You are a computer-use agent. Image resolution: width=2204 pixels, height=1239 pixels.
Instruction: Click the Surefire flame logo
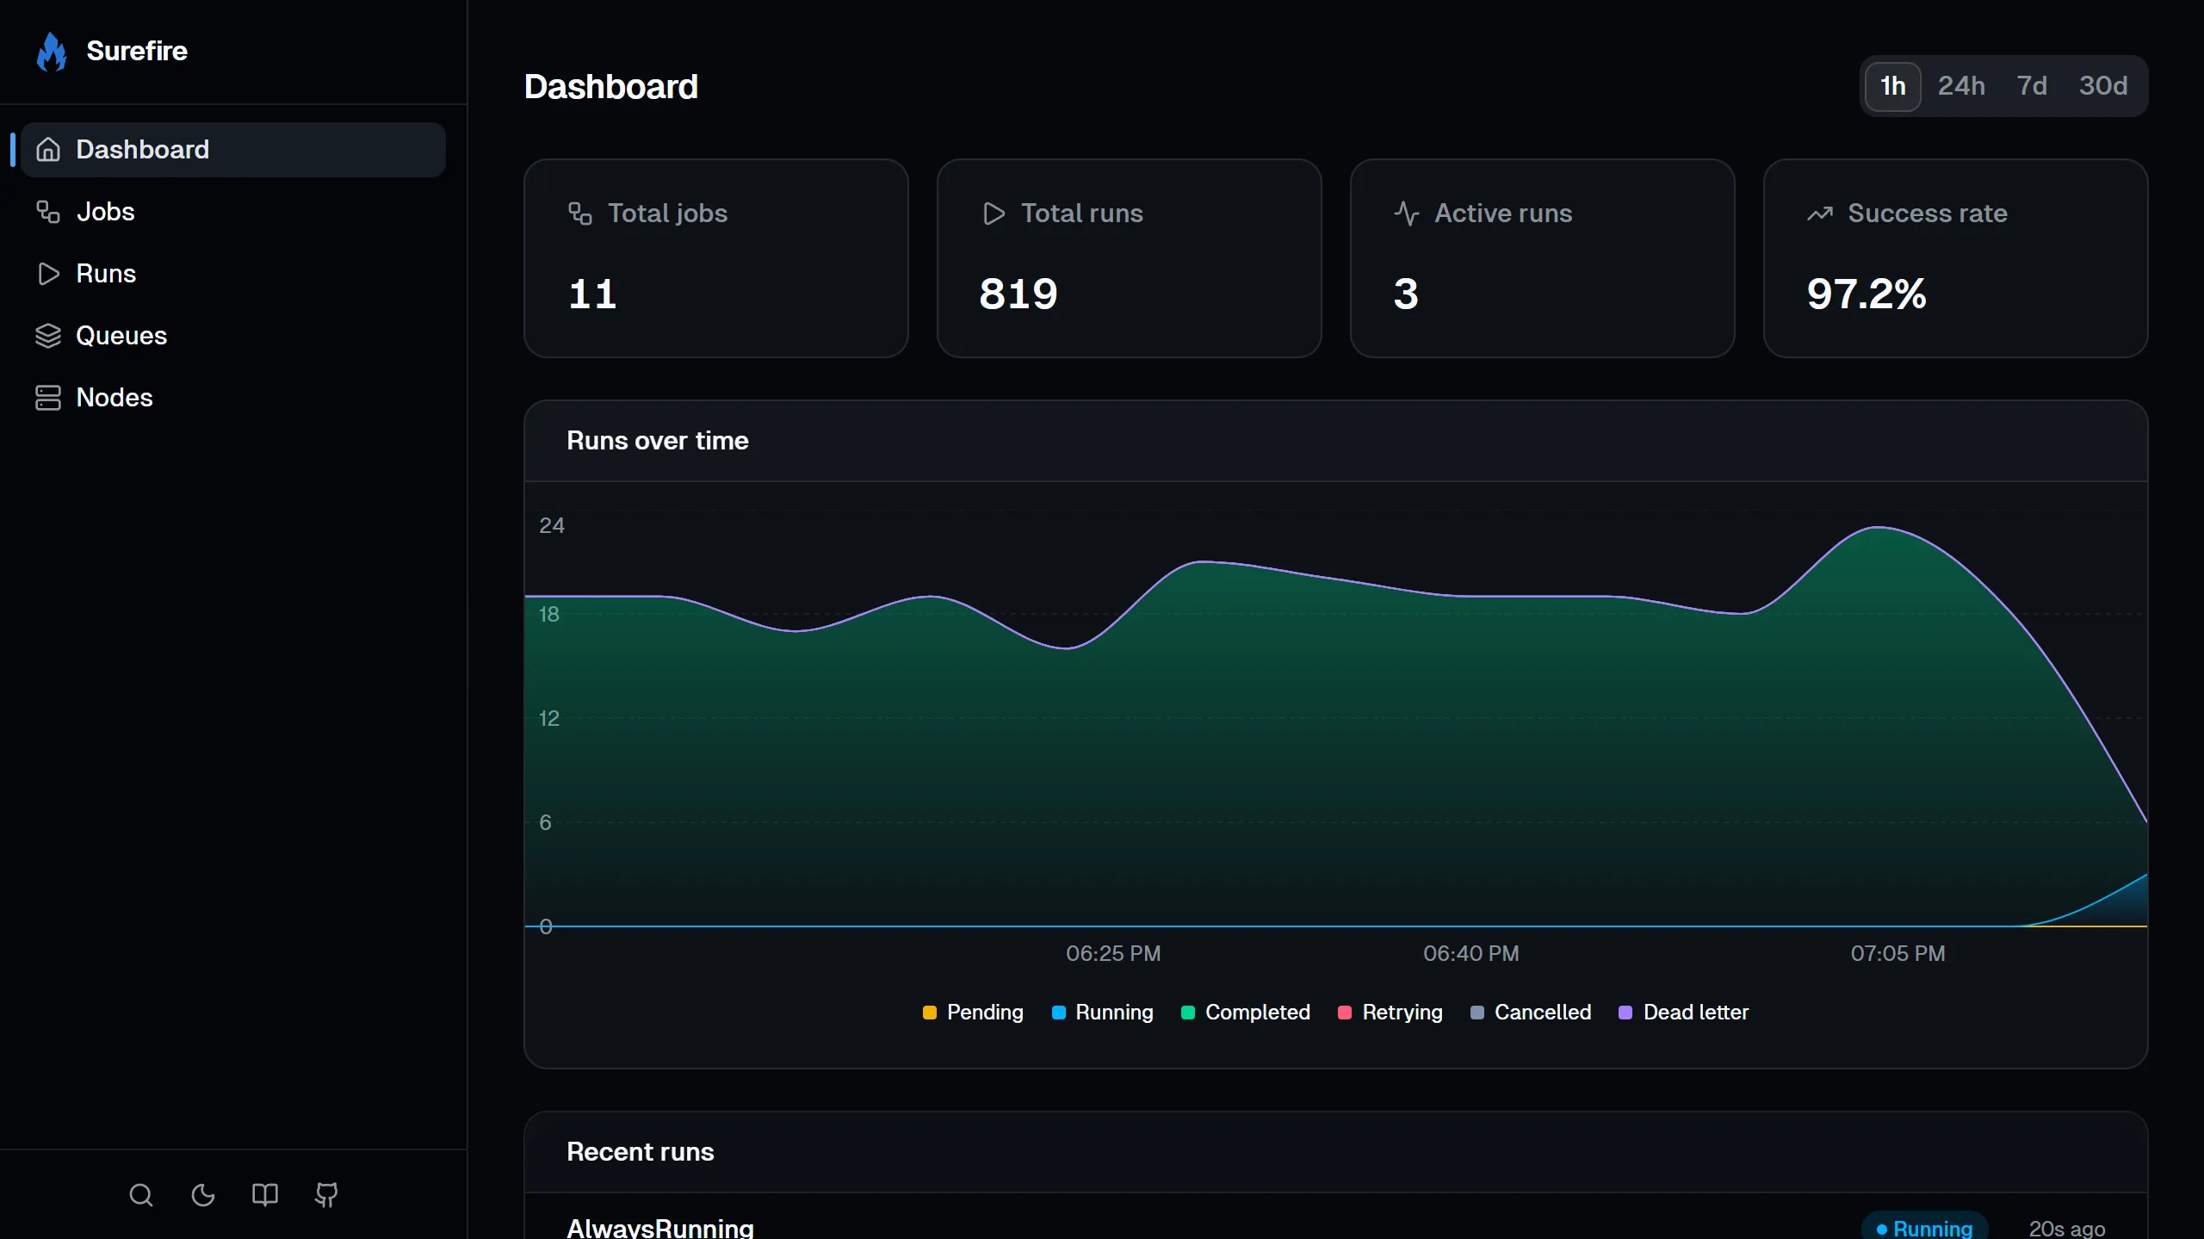pyautogui.click(x=52, y=52)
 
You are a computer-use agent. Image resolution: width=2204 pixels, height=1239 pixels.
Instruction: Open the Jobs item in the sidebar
pyautogui.click(x=105, y=212)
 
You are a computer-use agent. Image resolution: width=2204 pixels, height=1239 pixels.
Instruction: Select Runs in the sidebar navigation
pyautogui.click(x=105, y=274)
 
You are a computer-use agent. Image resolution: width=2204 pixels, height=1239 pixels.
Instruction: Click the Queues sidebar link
pyautogui.click(x=121, y=336)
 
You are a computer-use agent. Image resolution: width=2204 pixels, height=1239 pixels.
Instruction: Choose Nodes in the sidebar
pyautogui.click(x=114, y=398)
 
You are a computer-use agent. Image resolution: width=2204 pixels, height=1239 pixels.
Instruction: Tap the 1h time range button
pyautogui.click(x=1892, y=86)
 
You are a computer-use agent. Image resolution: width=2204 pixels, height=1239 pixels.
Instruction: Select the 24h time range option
pyautogui.click(x=1961, y=86)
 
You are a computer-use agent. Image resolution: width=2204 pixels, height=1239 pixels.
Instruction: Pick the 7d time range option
pyautogui.click(x=2032, y=86)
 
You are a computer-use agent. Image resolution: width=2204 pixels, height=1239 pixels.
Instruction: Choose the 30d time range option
pyautogui.click(x=2102, y=86)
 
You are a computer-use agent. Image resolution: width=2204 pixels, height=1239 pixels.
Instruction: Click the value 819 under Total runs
pyautogui.click(x=1018, y=294)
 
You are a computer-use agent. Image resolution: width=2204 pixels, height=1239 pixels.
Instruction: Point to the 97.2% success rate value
pyautogui.click(x=1867, y=294)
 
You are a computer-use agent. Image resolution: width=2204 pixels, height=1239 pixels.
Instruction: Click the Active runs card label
pyautogui.click(x=1502, y=214)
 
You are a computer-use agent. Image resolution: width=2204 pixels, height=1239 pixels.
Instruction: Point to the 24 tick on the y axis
pyautogui.click(x=552, y=525)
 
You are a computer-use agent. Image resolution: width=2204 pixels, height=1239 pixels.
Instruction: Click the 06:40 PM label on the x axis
pyautogui.click(x=1470, y=953)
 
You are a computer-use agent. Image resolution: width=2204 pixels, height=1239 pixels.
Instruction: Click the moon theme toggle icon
pyautogui.click(x=203, y=1195)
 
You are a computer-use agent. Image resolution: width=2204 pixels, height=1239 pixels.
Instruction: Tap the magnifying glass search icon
pyautogui.click(x=141, y=1195)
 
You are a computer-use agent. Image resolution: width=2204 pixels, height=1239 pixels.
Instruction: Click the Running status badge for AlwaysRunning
pyautogui.click(x=1924, y=1228)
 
